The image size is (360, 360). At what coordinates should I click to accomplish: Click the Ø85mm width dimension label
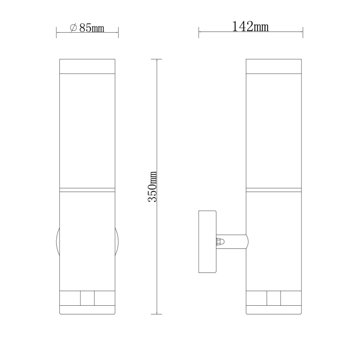click(87, 28)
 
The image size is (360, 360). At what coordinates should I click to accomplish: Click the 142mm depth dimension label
click(250, 27)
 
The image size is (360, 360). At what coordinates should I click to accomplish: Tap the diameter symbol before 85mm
click(73, 28)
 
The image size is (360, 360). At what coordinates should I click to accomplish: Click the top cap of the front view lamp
click(87, 66)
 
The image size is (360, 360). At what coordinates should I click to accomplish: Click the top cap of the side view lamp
click(273, 66)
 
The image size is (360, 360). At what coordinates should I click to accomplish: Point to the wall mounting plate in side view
click(208, 241)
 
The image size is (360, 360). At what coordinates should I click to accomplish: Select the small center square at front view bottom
click(88, 299)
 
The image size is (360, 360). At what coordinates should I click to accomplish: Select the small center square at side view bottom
click(274, 299)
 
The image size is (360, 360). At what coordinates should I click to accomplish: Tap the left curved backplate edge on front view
click(58, 242)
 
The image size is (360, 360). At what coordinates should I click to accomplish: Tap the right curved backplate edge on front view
click(117, 242)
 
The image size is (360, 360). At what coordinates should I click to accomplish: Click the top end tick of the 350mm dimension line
click(156, 59)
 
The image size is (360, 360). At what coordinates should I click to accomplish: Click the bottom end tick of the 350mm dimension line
click(156, 314)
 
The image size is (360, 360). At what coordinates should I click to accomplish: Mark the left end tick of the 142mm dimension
click(199, 32)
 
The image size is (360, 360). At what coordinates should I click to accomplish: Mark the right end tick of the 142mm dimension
click(302, 32)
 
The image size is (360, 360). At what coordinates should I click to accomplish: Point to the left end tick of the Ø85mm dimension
click(56, 32)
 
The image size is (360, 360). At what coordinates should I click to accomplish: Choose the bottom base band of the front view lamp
click(87, 310)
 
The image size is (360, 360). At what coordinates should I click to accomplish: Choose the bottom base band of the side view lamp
click(273, 310)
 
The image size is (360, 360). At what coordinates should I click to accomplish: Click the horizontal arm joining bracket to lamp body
click(234, 241)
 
